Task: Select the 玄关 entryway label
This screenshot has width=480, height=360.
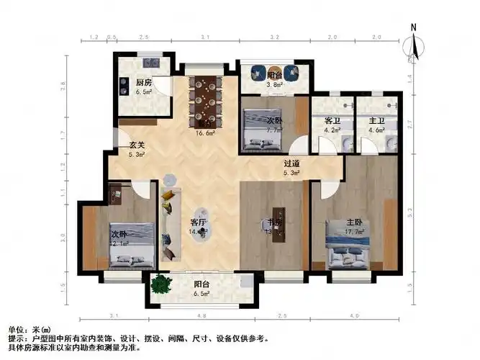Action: pyautogui.click(x=137, y=144)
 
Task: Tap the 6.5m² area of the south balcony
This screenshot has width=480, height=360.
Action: pyautogui.click(x=201, y=294)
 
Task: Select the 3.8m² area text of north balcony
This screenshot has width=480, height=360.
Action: pyautogui.click(x=274, y=84)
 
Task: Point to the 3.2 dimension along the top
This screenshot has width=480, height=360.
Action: pyautogui.click(x=274, y=36)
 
